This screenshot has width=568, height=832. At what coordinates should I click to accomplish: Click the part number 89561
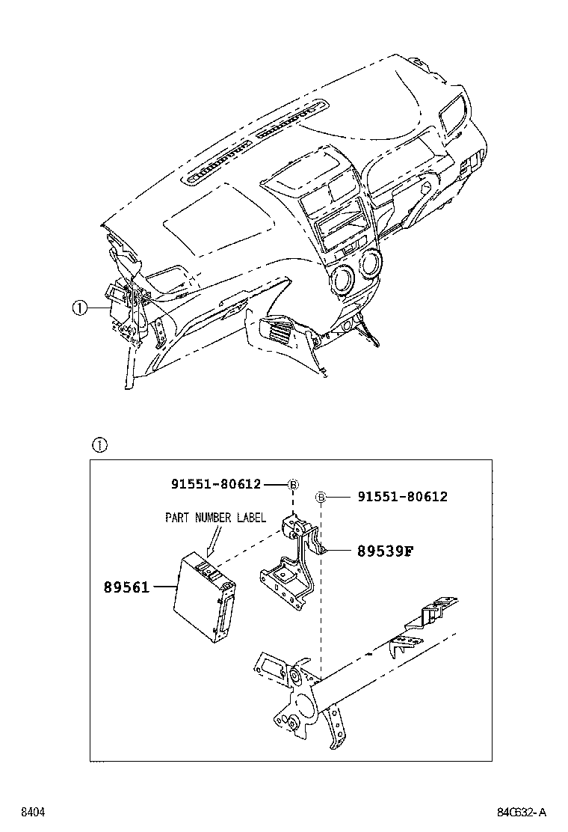pyautogui.click(x=126, y=588)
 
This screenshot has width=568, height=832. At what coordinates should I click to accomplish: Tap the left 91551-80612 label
pyautogui.click(x=216, y=484)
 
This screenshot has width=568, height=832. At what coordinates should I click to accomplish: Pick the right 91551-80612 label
pyautogui.click(x=402, y=497)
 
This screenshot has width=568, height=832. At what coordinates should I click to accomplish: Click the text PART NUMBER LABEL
pyautogui.click(x=215, y=517)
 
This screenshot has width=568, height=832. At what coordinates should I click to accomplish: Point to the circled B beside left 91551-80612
pyautogui.click(x=293, y=485)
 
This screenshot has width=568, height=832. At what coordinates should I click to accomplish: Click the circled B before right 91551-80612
pyautogui.click(x=321, y=497)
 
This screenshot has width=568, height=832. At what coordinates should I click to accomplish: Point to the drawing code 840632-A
pyautogui.click(x=522, y=812)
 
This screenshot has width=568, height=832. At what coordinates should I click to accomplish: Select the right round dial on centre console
pyautogui.click(x=368, y=266)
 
